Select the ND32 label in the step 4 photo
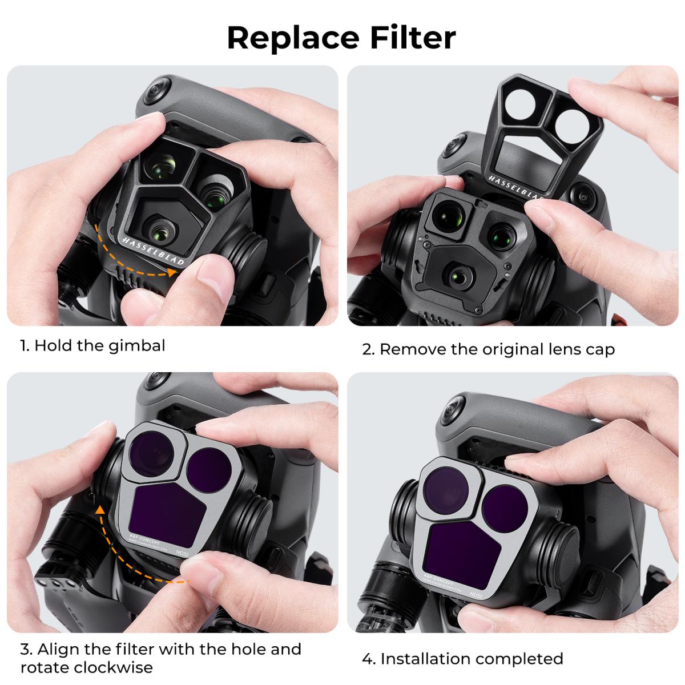coord(473,594)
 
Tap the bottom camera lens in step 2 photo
coord(459,276)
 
